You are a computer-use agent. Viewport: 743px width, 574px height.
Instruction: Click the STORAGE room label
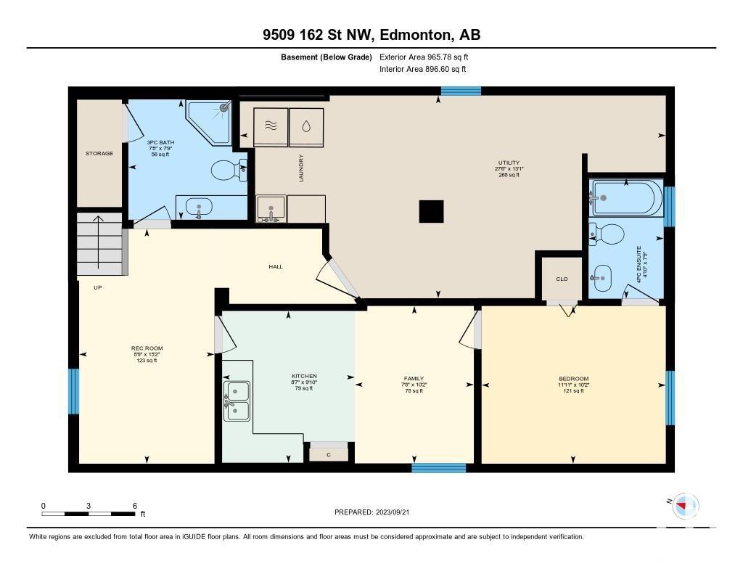(x=99, y=154)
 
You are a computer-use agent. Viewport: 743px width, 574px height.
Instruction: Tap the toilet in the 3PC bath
(x=229, y=171)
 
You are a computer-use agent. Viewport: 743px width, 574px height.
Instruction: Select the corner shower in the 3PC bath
(x=210, y=122)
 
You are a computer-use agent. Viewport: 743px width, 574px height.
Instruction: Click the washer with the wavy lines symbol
(x=271, y=127)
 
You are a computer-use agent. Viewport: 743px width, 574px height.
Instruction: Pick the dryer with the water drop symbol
(x=306, y=127)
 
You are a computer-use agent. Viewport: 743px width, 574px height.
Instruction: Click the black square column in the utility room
(x=431, y=211)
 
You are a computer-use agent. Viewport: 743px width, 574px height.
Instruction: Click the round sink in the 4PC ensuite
(x=602, y=278)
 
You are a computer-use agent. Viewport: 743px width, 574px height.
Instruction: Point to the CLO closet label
(x=562, y=279)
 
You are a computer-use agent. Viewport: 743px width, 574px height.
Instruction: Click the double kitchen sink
(x=237, y=401)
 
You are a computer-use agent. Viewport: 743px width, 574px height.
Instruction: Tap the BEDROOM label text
(x=573, y=379)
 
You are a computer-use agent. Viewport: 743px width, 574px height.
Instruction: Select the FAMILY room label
(x=414, y=379)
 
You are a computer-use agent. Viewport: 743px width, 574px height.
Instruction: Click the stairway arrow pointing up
(x=98, y=242)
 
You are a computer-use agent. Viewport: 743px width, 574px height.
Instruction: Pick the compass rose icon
(x=685, y=506)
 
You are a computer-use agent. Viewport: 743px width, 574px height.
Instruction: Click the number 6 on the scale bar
(x=134, y=506)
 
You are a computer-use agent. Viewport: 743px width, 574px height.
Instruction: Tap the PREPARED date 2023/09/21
(x=393, y=512)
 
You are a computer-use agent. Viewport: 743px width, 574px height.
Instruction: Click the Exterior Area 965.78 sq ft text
(x=424, y=57)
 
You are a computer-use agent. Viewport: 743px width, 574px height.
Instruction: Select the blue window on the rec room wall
(x=74, y=392)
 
